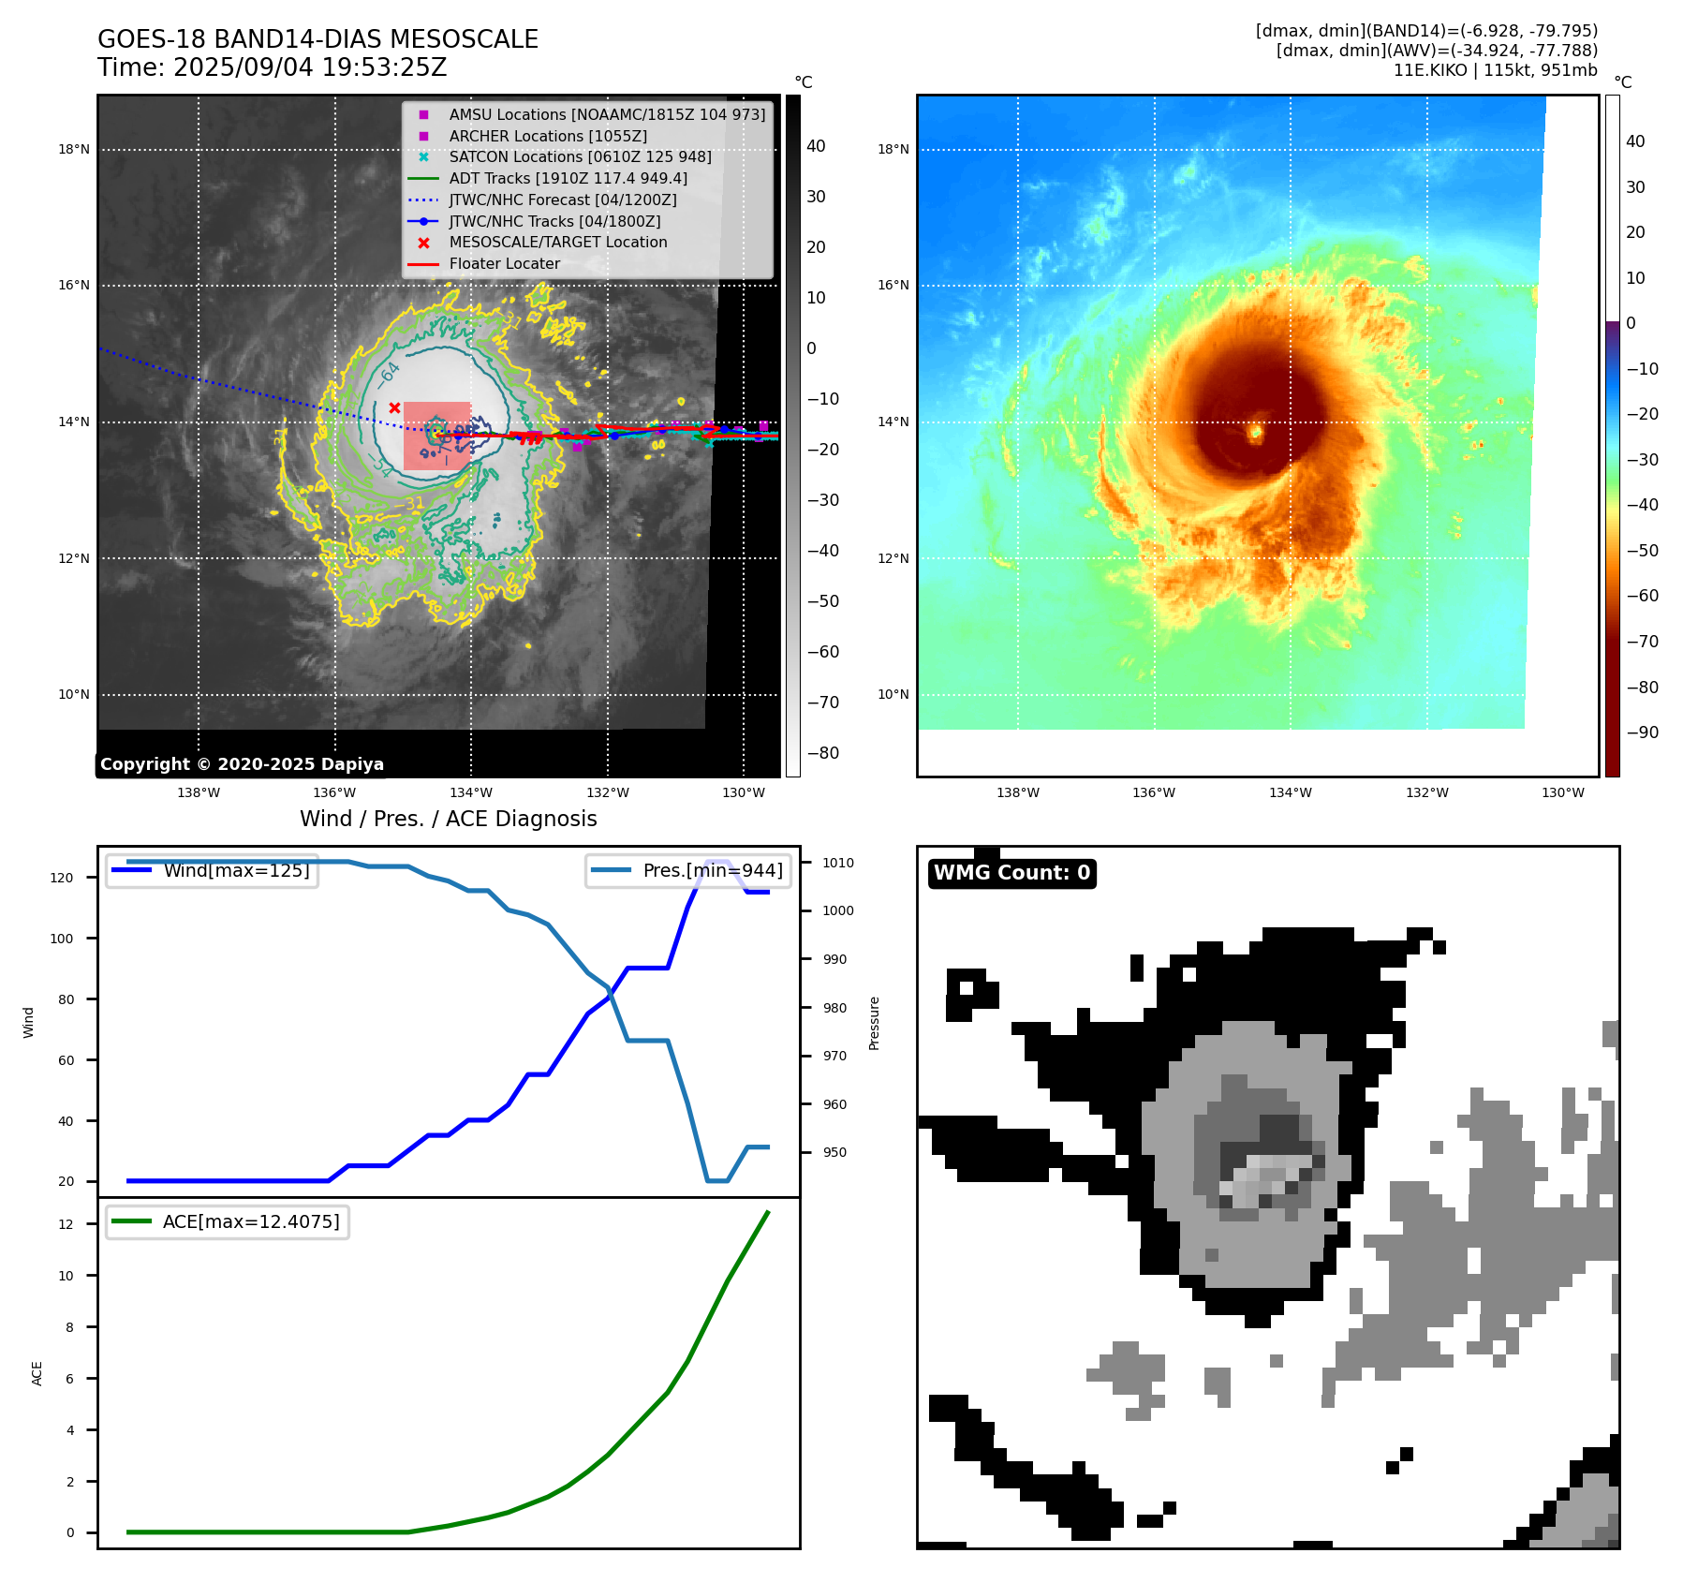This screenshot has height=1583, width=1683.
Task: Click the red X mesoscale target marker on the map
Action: tap(395, 407)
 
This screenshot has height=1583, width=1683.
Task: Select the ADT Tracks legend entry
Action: tap(568, 178)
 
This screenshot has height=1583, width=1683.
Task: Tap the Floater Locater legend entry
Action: tap(504, 264)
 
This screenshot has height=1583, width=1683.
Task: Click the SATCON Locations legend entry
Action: tap(580, 157)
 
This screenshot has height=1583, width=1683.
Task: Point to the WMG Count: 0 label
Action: tap(1011, 873)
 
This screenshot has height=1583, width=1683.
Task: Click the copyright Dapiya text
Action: tap(242, 764)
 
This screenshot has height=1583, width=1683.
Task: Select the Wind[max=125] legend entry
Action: tap(236, 870)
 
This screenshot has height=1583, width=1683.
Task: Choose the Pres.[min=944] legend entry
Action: tap(712, 870)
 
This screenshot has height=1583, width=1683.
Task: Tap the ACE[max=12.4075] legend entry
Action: tap(250, 1221)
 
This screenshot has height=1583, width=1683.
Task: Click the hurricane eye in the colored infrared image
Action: tap(1256, 432)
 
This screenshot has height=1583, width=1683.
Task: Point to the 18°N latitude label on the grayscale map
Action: tap(74, 149)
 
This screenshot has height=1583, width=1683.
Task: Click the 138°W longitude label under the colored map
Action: tap(1017, 792)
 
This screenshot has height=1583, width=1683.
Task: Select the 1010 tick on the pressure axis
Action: tap(838, 863)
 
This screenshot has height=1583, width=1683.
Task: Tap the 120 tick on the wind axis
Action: tap(62, 878)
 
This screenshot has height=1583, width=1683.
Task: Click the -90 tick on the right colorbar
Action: tap(1642, 732)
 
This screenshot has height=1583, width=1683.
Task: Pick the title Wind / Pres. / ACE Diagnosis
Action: tap(448, 819)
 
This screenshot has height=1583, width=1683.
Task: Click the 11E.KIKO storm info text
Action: tap(1495, 70)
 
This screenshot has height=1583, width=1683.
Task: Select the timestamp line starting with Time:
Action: tap(272, 68)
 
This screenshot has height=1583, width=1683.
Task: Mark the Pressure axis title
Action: tap(875, 1023)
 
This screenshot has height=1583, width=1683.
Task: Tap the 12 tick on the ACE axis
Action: tap(66, 1224)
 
